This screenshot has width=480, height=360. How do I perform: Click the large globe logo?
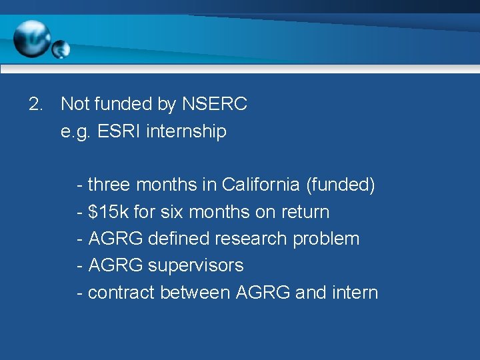coord(31,39)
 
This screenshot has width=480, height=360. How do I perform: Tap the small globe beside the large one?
coord(61,49)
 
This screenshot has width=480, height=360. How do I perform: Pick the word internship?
coord(186,131)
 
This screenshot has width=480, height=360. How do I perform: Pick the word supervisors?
coord(195,265)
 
